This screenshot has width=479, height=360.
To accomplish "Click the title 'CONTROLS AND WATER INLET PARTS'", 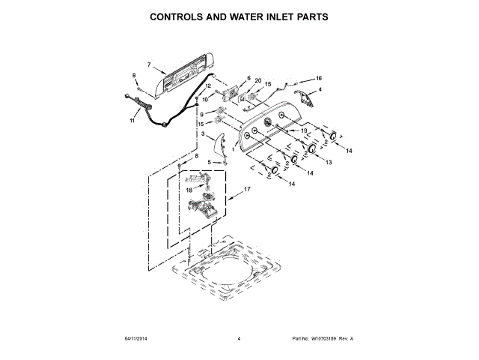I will (x=239, y=16).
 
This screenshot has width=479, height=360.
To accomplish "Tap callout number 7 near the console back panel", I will (x=150, y=64).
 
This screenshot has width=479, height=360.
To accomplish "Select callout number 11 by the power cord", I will (x=132, y=120).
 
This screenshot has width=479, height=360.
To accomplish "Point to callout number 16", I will (x=318, y=78).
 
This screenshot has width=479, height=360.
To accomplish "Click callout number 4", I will (x=320, y=90).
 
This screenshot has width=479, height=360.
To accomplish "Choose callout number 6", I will (x=248, y=78).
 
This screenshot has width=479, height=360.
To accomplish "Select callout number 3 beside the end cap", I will (x=202, y=134).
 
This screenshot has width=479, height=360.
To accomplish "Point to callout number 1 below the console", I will (x=233, y=149).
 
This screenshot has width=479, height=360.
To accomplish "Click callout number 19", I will (x=305, y=131).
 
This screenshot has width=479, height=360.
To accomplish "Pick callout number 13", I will (x=328, y=161).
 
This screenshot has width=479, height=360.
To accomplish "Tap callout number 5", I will (x=199, y=162).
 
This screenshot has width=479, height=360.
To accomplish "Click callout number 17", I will (x=248, y=190).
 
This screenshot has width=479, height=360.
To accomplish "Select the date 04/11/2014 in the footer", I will (x=135, y=339).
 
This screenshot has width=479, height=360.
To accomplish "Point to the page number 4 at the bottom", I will (x=239, y=339).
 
